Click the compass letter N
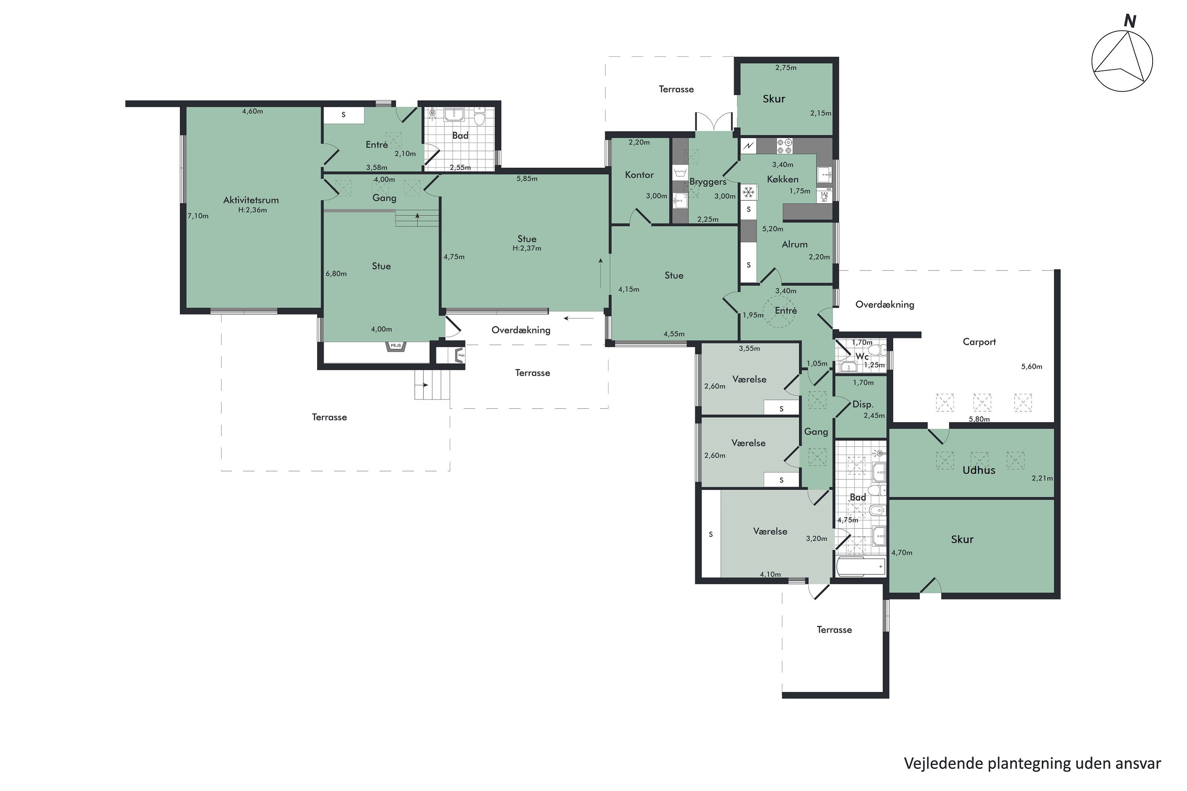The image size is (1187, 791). [x=1130, y=21]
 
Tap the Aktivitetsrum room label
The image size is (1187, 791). [x=251, y=200]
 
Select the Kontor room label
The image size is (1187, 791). [x=639, y=174]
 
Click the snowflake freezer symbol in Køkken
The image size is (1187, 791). [x=749, y=192]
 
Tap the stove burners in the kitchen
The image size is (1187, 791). [x=784, y=146]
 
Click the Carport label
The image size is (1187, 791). [x=979, y=342]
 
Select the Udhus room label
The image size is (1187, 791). [x=978, y=470]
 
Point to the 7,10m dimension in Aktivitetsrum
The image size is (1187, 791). [x=198, y=216]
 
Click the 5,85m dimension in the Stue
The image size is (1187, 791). [x=527, y=179]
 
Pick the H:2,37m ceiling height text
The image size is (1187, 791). [x=527, y=248]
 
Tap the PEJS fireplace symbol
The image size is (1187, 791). [x=396, y=346]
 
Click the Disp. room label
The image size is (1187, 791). [x=863, y=404]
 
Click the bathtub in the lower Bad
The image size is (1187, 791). [x=861, y=566]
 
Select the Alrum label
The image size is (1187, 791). [x=794, y=244]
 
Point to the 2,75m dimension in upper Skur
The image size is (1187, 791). [x=786, y=68]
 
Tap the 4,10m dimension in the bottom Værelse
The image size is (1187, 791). [x=770, y=574]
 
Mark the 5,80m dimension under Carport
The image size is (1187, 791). [x=979, y=419]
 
